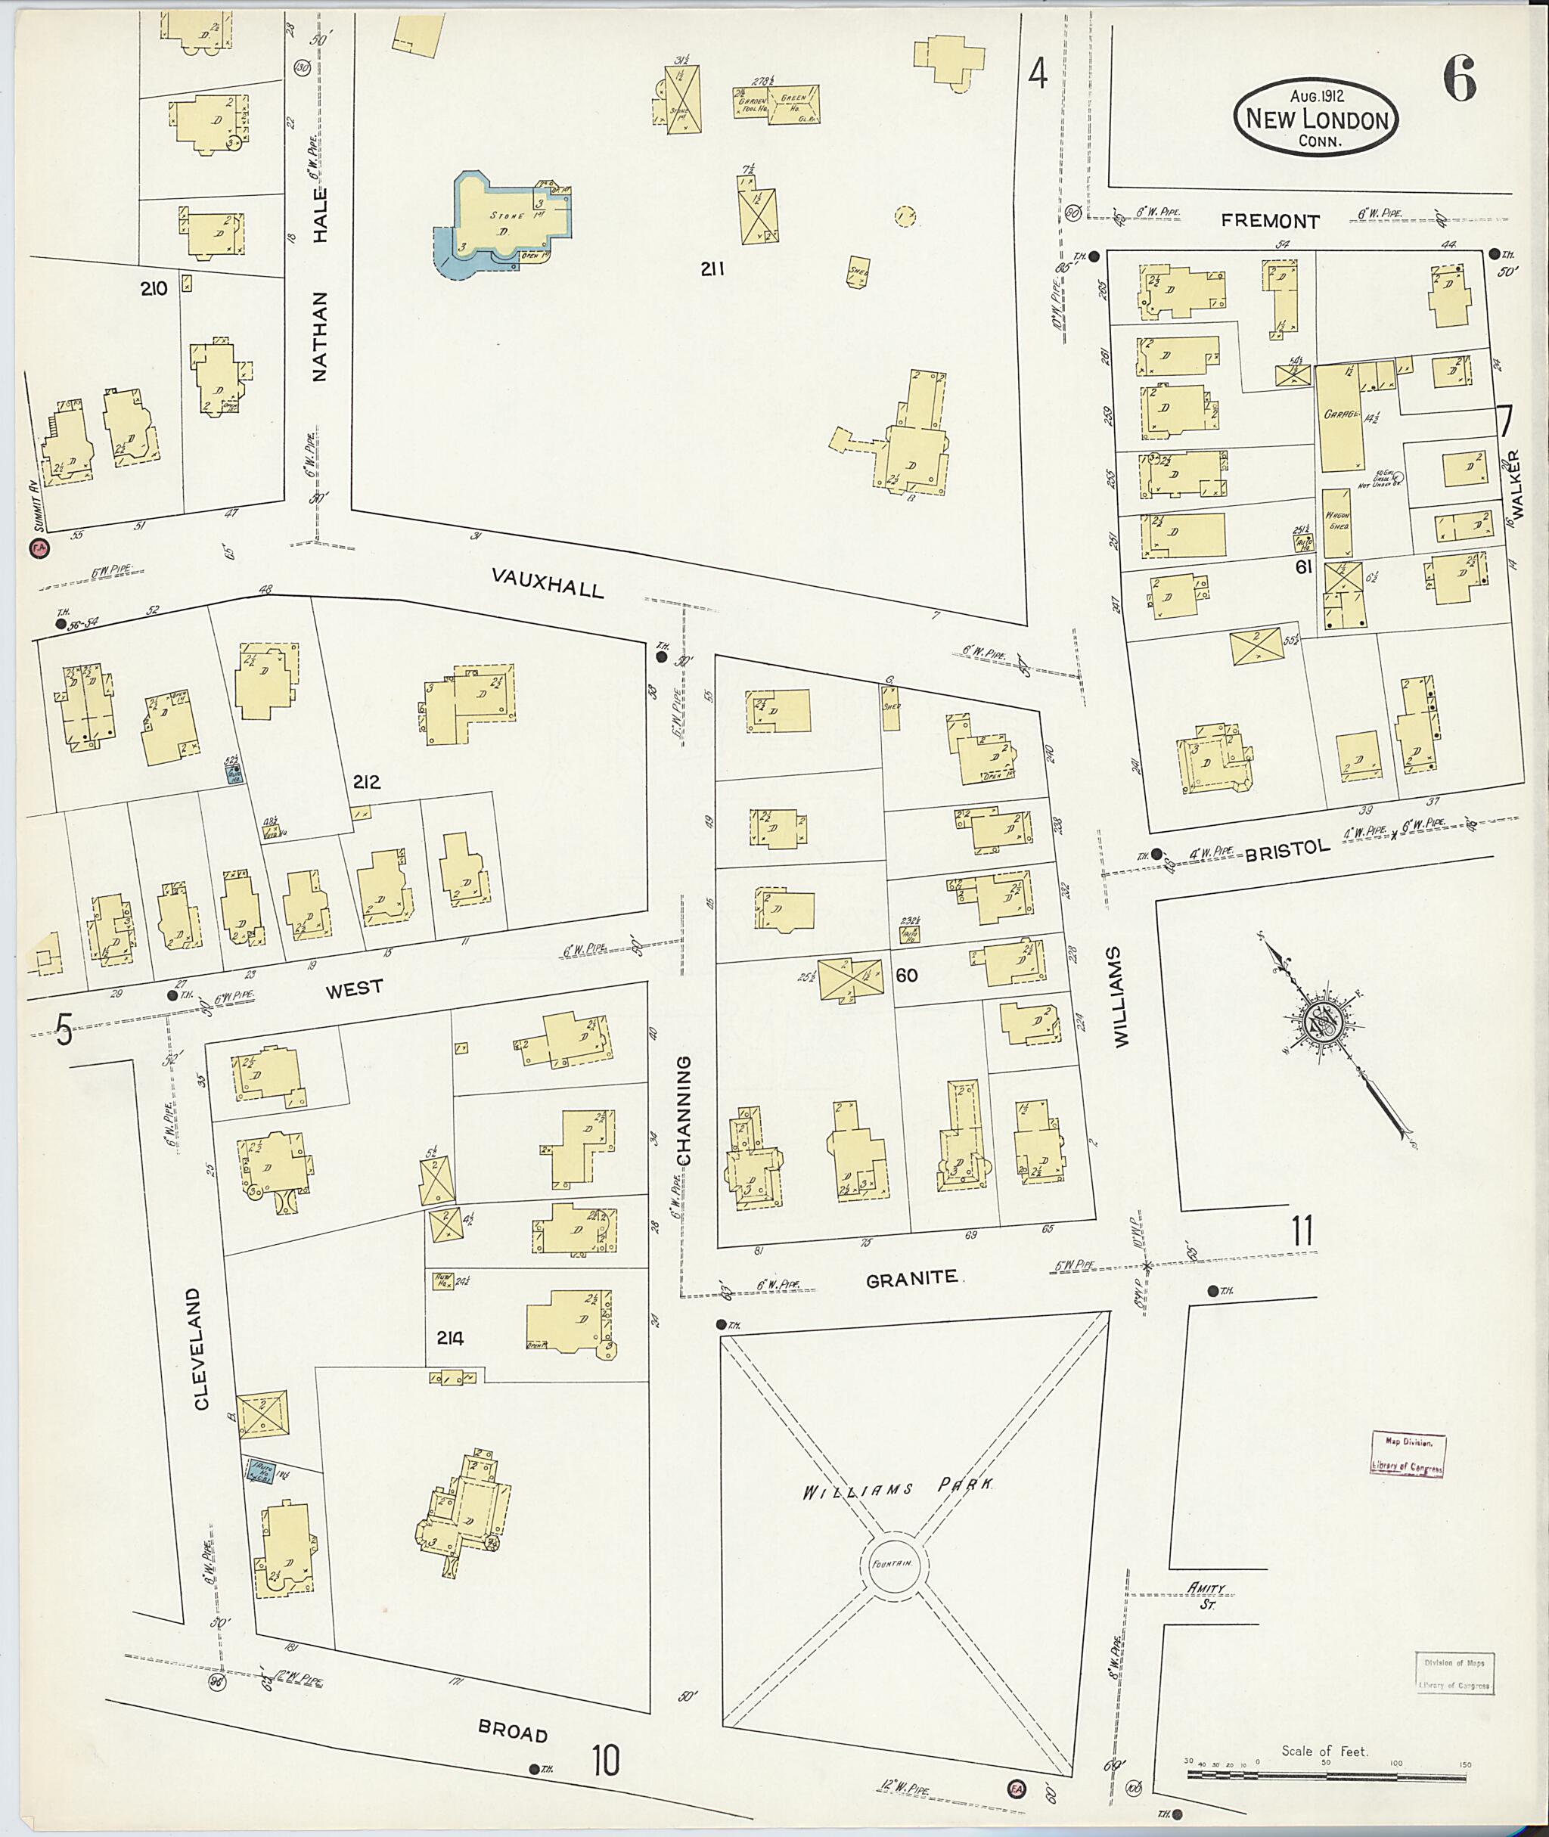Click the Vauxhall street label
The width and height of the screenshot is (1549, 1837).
[x=547, y=582]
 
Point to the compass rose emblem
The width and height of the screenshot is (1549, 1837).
[x=1322, y=1023]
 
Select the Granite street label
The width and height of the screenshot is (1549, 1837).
[x=911, y=1279]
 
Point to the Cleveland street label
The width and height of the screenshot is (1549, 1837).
[x=201, y=1348]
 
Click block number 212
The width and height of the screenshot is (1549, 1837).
[x=366, y=781]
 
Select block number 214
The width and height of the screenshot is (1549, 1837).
[x=449, y=1339]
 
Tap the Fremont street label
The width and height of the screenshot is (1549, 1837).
[x=1270, y=222]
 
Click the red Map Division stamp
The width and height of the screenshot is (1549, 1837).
[x=1408, y=1455]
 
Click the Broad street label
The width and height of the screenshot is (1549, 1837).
[x=513, y=1731]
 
